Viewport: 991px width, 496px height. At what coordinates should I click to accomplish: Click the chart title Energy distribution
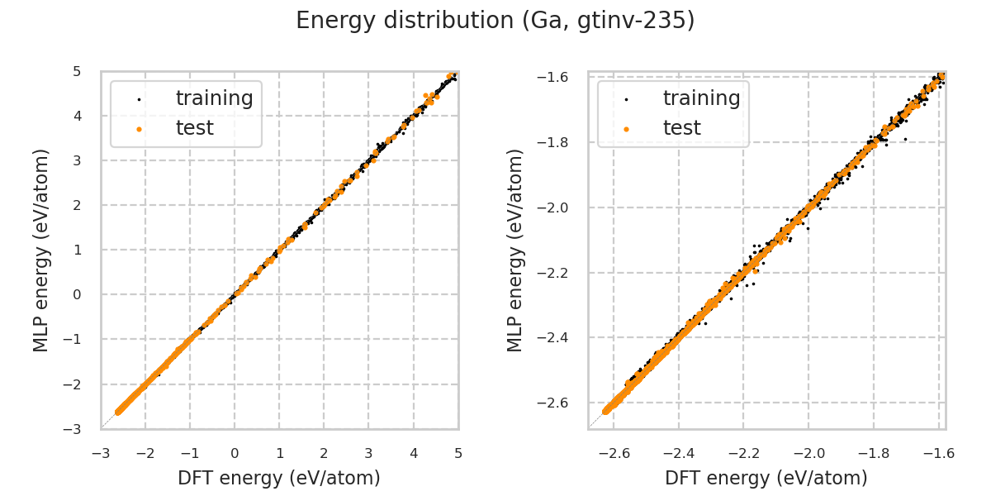(x=495, y=21)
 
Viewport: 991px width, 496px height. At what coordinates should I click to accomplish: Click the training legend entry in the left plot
(x=214, y=98)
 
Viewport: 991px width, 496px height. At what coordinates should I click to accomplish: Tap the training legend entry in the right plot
(x=701, y=98)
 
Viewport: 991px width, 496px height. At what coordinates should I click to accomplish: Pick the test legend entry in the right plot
(x=681, y=128)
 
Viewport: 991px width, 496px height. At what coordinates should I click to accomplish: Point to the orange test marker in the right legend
(x=626, y=129)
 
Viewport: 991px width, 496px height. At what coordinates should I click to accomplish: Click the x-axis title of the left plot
(x=278, y=478)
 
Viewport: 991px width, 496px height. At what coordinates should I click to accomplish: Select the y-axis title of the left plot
(x=41, y=250)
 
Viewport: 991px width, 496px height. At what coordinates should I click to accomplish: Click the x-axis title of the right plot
(x=766, y=478)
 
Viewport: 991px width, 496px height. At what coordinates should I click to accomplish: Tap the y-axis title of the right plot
(x=515, y=250)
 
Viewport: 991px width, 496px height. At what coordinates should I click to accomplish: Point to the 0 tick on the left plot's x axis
(x=235, y=453)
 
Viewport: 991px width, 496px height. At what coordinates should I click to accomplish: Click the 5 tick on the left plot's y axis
(x=77, y=71)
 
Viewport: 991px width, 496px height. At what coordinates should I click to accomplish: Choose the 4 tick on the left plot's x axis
(x=413, y=453)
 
